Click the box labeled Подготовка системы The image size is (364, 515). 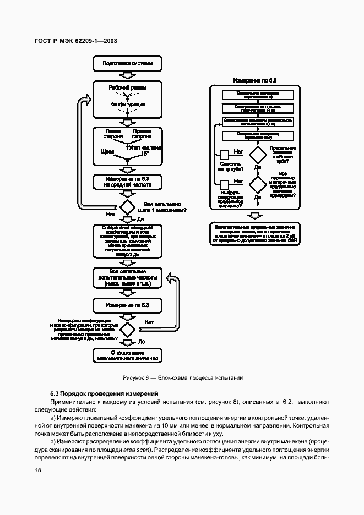(127, 64)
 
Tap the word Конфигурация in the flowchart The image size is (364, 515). (127, 104)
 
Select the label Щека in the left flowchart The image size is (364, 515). (108, 150)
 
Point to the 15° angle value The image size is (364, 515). (144, 155)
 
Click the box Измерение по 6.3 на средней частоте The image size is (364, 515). (127, 181)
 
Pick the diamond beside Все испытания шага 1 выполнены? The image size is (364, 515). (128, 206)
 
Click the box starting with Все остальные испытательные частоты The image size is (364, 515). (127, 278)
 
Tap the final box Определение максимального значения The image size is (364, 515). (127, 355)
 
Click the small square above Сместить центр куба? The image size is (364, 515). (224, 155)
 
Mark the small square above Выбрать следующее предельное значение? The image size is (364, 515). (224, 184)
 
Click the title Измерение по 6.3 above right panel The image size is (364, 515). (255, 80)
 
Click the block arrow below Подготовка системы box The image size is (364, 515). (127, 76)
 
